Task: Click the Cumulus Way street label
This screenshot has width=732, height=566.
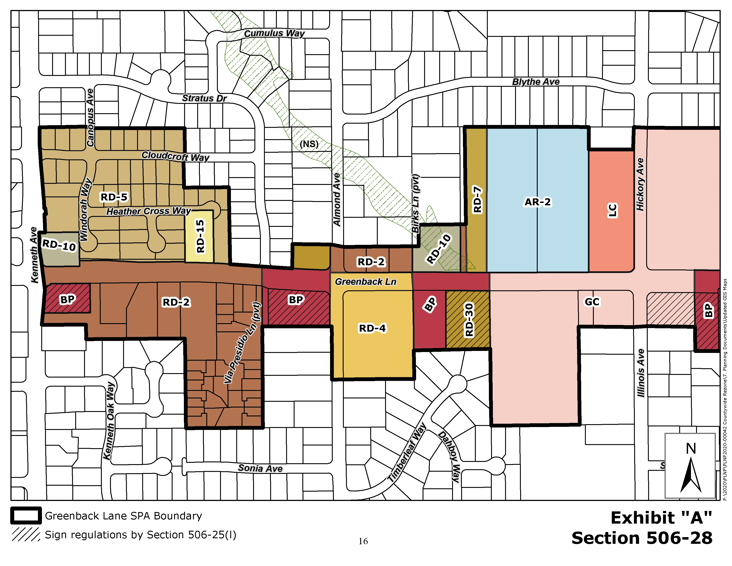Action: coord(274,33)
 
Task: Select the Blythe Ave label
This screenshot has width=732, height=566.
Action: coord(536,82)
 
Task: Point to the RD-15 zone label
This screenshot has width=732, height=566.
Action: coord(200,236)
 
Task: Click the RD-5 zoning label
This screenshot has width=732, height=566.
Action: coord(114,197)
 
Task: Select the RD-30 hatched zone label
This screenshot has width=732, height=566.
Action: coord(469,320)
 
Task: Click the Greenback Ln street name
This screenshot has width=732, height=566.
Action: coord(365,282)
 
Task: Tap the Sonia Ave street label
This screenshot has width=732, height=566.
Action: coord(260,468)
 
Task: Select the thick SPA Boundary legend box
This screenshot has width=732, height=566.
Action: coord(26,516)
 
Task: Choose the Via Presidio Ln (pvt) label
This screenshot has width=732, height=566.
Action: coord(242,343)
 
